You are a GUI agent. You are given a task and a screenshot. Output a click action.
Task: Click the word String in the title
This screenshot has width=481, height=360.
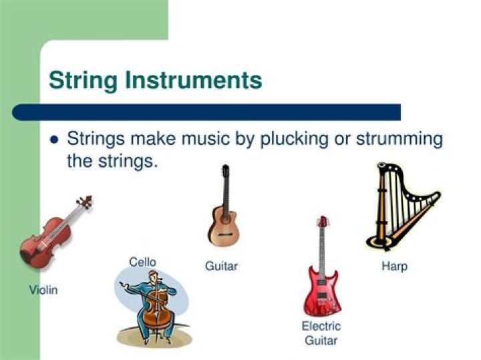[83, 81]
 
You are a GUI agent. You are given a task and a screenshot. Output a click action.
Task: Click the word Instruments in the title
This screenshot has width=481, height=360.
[194, 79]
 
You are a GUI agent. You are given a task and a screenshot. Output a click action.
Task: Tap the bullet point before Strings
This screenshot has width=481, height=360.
[54, 140]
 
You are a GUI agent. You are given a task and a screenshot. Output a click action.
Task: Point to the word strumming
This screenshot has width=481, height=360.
[399, 140]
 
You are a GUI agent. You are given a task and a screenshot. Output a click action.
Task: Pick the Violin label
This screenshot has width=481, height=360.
[43, 290]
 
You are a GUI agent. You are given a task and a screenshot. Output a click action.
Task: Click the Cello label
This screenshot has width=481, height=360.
[142, 262]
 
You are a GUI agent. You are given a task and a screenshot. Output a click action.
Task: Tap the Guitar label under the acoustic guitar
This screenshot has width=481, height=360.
[221, 266]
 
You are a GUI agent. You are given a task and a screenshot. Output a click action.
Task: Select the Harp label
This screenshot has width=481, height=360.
[395, 266]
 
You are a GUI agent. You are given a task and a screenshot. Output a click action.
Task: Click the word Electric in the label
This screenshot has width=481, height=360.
[321, 326]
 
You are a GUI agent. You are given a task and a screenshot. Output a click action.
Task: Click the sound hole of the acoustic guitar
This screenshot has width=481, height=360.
[226, 219]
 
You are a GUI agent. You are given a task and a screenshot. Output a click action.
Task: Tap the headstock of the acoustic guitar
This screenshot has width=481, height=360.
[226, 171]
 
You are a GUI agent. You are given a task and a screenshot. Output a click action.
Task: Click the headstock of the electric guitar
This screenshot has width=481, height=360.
[323, 221]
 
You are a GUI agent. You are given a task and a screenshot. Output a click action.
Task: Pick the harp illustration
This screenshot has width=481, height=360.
[403, 206]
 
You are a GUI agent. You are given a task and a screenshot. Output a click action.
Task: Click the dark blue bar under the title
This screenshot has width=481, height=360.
[206, 112]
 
